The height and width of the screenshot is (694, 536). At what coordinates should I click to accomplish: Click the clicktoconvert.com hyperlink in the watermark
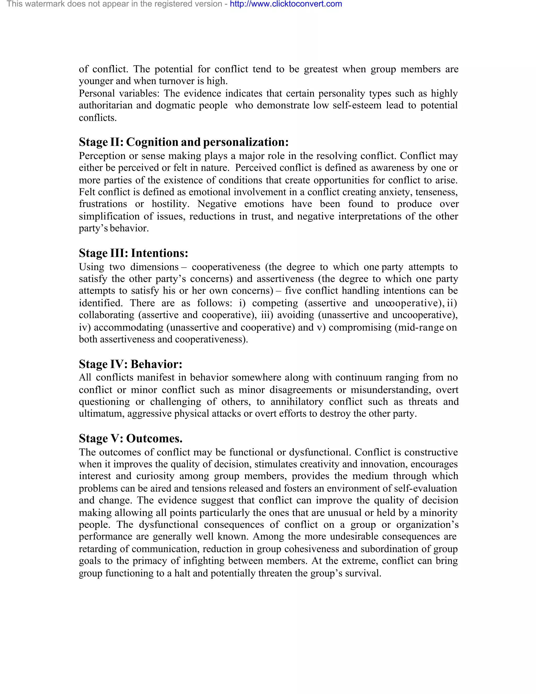[286, 4]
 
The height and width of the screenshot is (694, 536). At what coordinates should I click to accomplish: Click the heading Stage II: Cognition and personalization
[183, 142]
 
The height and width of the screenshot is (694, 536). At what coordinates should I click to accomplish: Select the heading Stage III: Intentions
[133, 253]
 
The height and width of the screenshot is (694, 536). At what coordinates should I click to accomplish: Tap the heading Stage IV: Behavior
[131, 364]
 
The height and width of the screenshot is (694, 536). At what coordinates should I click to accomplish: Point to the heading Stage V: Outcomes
[131, 438]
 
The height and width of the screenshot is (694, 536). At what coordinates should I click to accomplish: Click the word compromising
[360, 327]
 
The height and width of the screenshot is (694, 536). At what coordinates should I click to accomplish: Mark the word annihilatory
[297, 402]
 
